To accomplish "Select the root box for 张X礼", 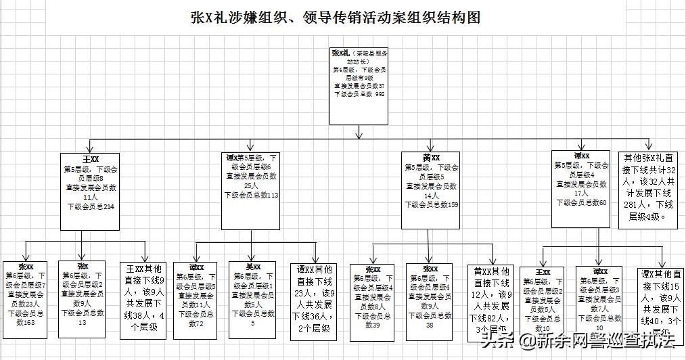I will (x=359, y=86).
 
